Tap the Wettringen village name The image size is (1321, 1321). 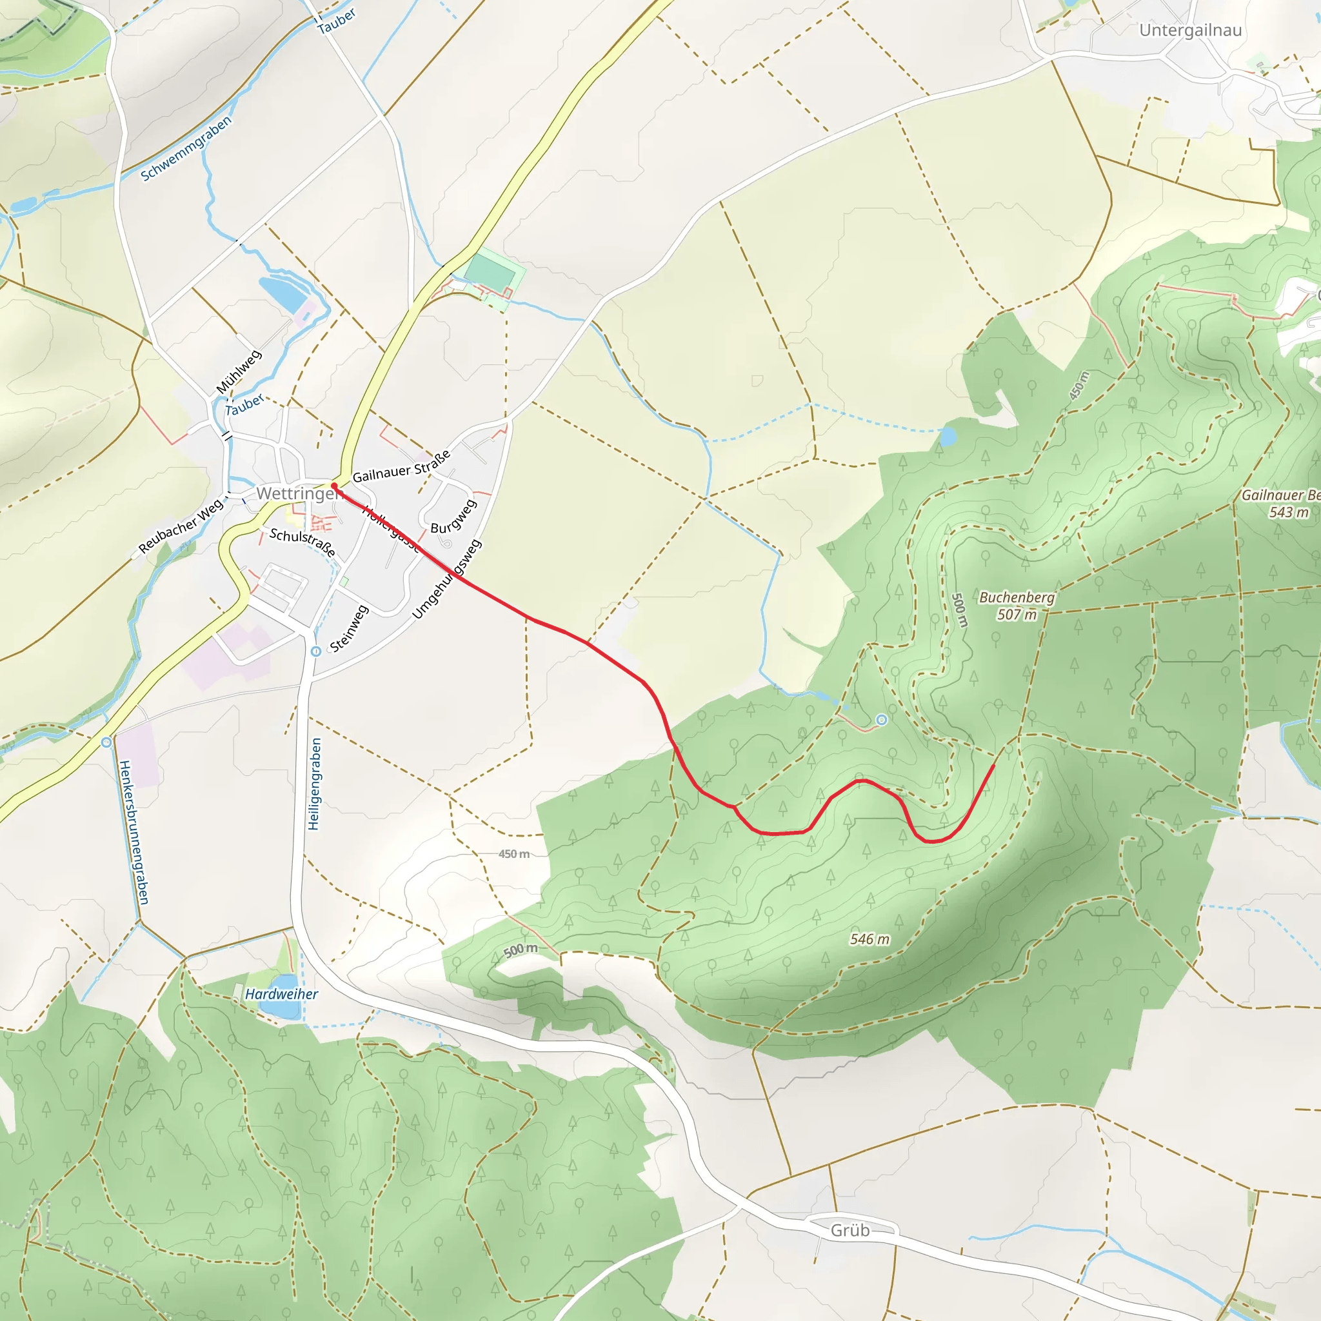click(296, 493)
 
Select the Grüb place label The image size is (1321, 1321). click(850, 1230)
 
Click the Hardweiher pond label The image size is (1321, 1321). click(281, 994)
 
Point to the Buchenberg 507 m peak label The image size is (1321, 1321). click(1016, 606)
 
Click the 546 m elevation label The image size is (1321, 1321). click(869, 939)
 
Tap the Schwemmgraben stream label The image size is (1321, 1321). click(186, 148)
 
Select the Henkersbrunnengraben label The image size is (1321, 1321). click(134, 832)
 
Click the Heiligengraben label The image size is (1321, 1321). click(314, 784)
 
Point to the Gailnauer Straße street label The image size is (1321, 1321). click(401, 467)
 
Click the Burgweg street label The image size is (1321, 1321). click(453, 517)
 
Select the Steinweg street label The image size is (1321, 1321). click(349, 628)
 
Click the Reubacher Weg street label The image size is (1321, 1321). click(181, 526)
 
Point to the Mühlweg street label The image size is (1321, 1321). click(239, 372)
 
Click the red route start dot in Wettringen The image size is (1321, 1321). click(334, 486)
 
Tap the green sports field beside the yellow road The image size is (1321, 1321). click(490, 271)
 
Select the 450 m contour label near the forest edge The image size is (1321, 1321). click(513, 854)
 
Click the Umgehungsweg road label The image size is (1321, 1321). click(447, 579)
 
